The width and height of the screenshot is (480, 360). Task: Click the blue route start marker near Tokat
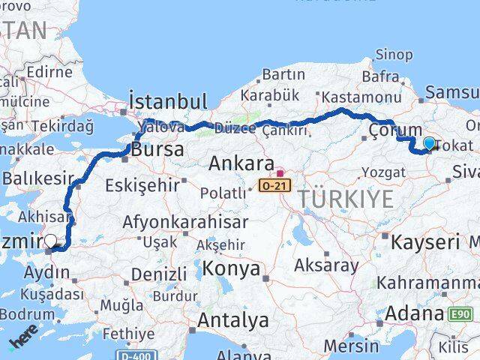[429, 142]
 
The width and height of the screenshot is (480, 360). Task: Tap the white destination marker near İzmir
[51, 241]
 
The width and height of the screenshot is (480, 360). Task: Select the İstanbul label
[167, 102]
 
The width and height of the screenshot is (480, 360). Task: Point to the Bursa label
[157, 149]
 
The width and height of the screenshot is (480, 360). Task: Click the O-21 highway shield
[277, 184]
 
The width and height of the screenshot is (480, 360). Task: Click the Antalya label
[232, 321]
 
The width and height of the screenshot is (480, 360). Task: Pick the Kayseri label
[424, 242]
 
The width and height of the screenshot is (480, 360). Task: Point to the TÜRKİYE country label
[345, 199]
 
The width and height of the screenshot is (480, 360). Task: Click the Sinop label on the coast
[393, 55]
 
